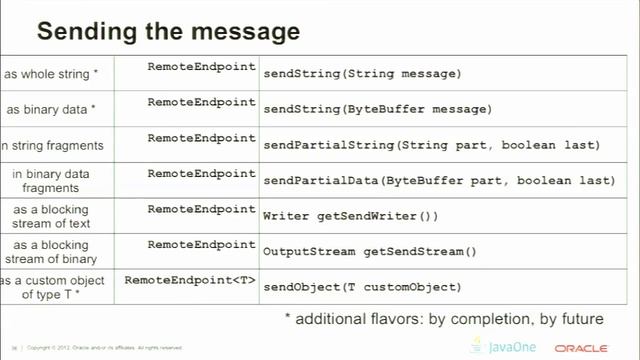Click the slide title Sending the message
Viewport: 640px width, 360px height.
coord(167,31)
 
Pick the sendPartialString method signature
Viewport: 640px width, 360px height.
coord(431,145)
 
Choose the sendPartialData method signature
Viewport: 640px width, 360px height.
coord(438,180)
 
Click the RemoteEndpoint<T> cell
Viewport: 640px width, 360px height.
coord(191,280)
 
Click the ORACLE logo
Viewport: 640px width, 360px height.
coord(581,348)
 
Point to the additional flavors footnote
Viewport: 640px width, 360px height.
coord(443,319)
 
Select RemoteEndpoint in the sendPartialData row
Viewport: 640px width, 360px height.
coord(202,173)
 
